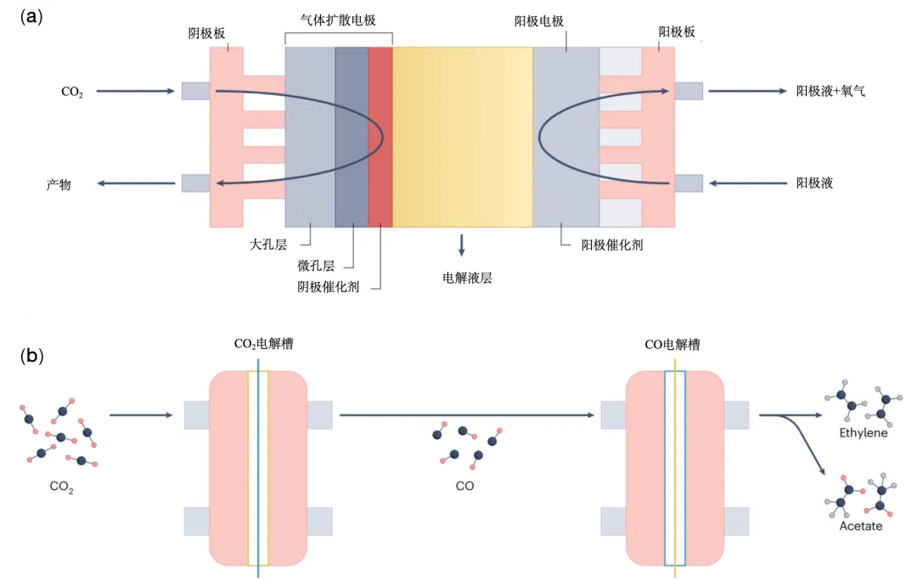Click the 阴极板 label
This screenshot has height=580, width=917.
point(207,33)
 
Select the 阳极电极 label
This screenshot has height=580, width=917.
point(539,20)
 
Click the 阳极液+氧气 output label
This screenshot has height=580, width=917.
point(830,90)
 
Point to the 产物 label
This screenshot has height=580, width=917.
point(58,183)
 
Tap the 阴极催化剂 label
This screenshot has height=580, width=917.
point(328,287)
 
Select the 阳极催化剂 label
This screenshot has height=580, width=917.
point(617,245)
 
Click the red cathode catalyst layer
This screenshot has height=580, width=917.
point(380,136)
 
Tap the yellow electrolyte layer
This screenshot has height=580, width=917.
point(463,136)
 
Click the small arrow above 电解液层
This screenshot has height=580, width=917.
point(462,245)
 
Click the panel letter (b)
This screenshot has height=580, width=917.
point(31,356)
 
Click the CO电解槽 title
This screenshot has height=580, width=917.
point(672,346)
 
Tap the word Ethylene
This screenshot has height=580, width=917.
point(863,433)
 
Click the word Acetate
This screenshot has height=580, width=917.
point(861,526)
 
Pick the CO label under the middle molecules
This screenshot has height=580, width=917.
point(464,487)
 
